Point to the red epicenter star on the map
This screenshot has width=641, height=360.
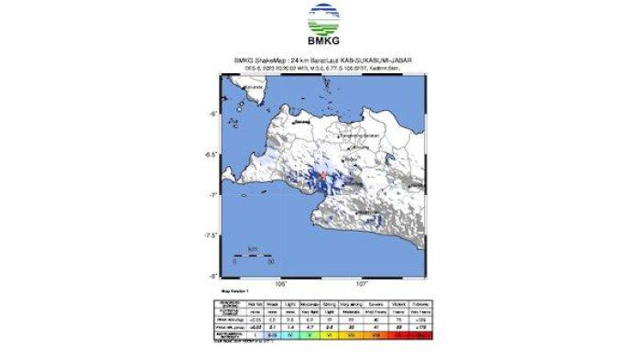point(322,173)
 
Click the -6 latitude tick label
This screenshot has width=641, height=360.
point(212,114)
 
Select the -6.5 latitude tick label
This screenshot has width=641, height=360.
point(210,154)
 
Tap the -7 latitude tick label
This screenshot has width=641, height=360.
point(212,194)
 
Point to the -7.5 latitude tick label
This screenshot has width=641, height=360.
point(210,235)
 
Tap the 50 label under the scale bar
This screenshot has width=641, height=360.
point(270,262)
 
